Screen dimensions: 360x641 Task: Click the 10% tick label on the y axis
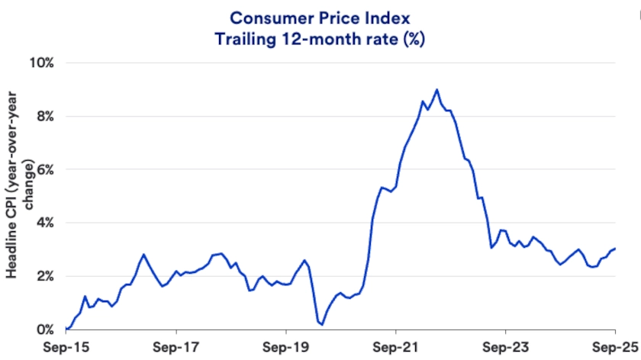tap(41, 63)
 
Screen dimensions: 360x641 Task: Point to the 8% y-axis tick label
tap(44, 116)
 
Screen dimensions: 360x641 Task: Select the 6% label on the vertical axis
tap(44, 169)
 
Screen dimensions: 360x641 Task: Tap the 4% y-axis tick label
tap(44, 223)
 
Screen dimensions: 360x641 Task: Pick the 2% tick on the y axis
tap(44, 276)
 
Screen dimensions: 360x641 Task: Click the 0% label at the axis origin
tap(44, 329)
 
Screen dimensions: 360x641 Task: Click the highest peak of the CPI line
tap(437, 89)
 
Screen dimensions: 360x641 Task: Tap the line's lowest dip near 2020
tap(322, 325)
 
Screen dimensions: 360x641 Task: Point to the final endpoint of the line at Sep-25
tap(615, 248)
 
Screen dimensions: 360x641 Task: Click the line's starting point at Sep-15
tap(66, 329)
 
